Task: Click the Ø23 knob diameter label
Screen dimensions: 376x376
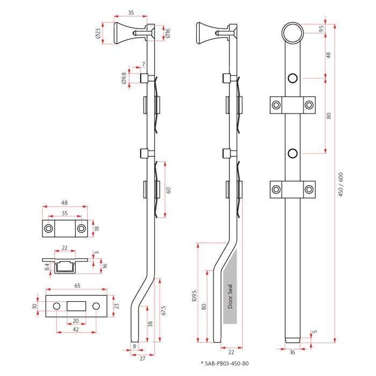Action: (98, 34)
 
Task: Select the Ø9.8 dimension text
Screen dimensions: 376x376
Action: (124, 79)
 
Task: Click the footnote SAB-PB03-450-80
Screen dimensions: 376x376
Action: (226, 364)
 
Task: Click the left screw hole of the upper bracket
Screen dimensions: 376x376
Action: (276, 105)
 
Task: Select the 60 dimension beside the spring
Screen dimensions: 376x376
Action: (169, 189)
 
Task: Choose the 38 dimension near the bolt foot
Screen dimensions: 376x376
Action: (151, 324)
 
